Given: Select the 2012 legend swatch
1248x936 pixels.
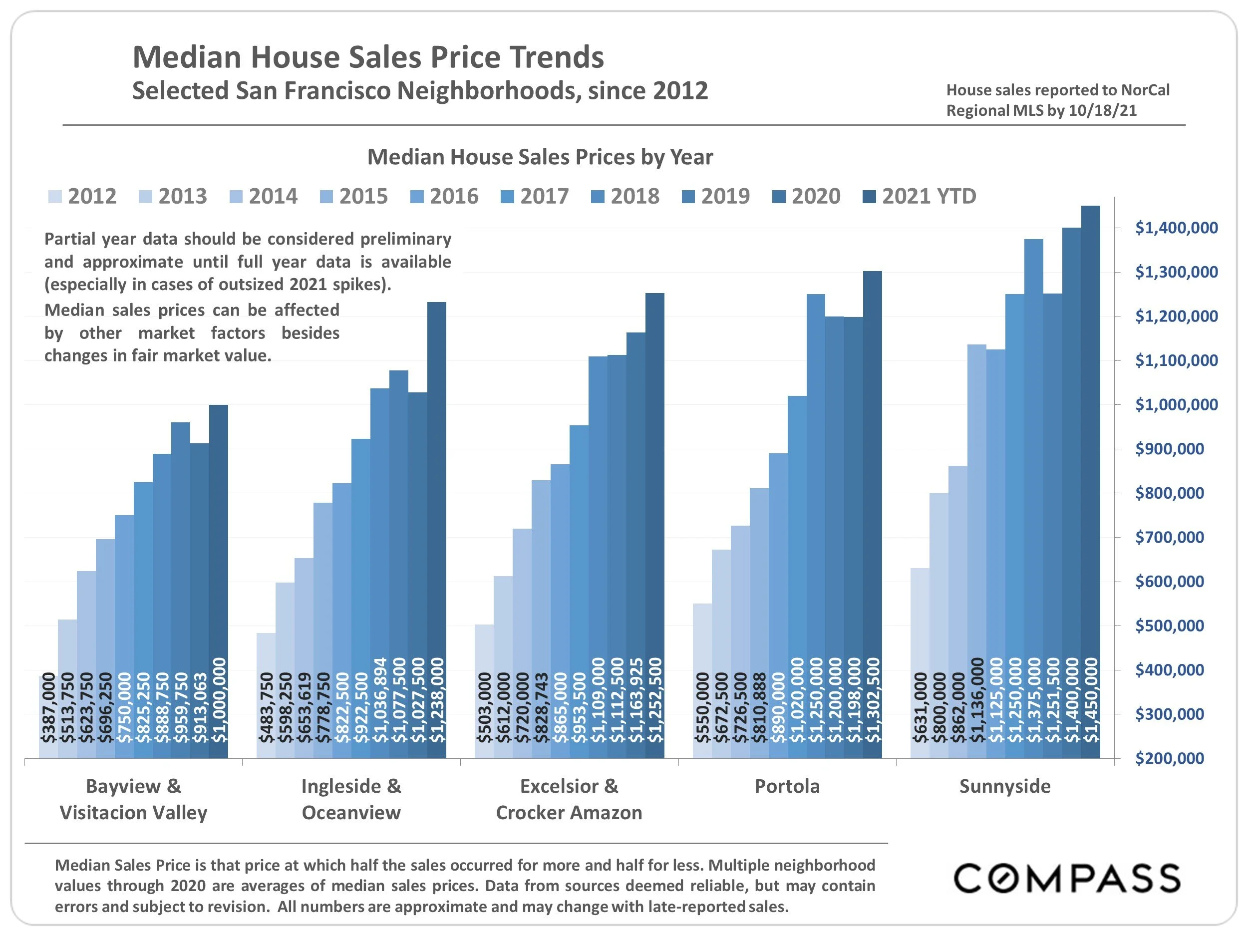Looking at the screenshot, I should (x=55, y=197).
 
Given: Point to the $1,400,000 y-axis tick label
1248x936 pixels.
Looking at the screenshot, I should (x=1176, y=228).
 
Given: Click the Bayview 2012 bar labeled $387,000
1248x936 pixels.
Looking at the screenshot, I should (x=48, y=716).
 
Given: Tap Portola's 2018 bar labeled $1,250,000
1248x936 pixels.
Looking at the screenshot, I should (x=816, y=525).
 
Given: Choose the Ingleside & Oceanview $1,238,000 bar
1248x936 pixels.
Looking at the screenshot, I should (x=437, y=530).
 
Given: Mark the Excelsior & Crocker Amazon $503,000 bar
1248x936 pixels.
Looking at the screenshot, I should (x=484, y=691).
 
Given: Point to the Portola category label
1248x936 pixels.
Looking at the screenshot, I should (x=787, y=786).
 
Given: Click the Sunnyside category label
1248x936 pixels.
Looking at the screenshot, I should (x=1005, y=786).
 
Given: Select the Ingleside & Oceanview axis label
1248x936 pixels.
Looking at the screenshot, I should (x=351, y=799).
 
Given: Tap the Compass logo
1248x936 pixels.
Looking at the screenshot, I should (x=1067, y=879).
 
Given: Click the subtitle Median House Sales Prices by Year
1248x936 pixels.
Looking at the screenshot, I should (x=540, y=157).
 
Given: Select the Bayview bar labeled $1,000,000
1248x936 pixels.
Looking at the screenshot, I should (x=218, y=581).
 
